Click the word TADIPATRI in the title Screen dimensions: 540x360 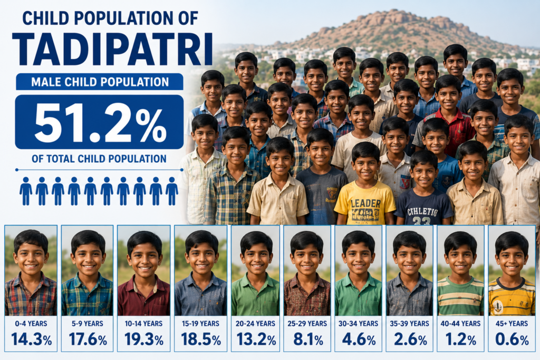click(112, 50)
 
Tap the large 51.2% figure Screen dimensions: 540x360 click(100, 123)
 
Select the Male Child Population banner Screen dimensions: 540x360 click(100, 82)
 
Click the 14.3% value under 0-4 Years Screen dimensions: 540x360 click(31, 339)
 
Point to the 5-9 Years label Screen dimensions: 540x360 click(88, 324)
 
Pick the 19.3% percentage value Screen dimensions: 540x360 click(144, 339)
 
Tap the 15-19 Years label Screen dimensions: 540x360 click(200, 324)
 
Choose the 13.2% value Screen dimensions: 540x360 click(256, 339)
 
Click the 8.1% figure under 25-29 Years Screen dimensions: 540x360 click(308, 339)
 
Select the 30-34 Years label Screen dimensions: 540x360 click(358, 324)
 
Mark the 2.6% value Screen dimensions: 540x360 click(410, 339)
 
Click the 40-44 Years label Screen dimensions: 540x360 click(460, 324)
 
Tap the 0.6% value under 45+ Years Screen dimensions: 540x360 click(512, 339)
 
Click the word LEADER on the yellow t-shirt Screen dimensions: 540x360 click(365, 203)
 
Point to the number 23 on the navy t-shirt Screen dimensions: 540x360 click(421, 221)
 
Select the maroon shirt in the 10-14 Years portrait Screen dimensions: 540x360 click(143, 297)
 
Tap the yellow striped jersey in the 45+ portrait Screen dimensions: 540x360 click(512, 298)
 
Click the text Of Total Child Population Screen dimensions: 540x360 click(99, 159)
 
